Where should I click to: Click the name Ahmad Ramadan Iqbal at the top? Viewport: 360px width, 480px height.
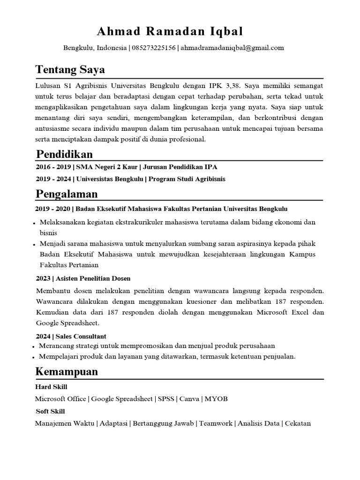pos(170,31)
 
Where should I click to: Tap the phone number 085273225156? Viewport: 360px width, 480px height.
pos(154,48)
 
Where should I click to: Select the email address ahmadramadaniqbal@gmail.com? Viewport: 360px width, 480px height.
pos(232,48)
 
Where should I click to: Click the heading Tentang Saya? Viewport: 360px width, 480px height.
pos(70,70)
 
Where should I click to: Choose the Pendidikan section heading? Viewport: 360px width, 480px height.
pos(64,154)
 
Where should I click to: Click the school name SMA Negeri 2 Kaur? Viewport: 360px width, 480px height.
pos(108,167)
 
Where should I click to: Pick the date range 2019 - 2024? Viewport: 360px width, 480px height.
pos(53,179)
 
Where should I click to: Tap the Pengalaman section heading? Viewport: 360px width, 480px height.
pos(67,194)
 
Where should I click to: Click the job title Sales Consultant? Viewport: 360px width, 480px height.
pos(81,337)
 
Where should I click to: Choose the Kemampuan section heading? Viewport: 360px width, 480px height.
pos(67,372)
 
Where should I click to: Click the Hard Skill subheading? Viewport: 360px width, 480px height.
pos(51,387)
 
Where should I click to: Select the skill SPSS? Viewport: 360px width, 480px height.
pos(166,399)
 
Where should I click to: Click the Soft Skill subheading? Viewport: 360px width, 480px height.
pos(50,412)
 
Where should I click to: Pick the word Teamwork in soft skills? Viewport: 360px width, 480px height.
pos(216,423)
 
